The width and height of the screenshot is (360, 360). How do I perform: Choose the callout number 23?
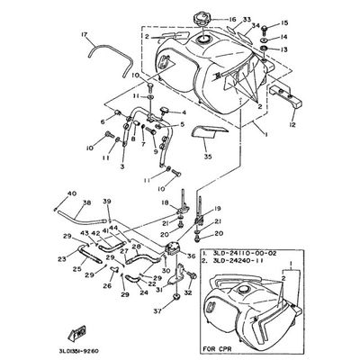tap(63, 259)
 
